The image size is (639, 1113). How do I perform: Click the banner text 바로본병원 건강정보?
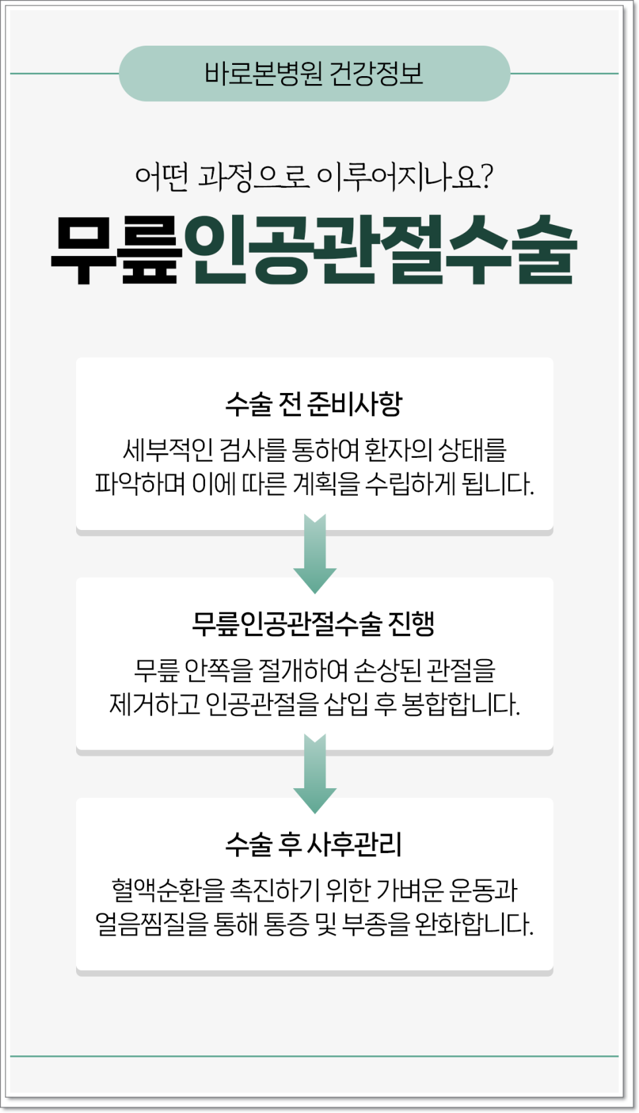pyautogui.click(x=314, y=73)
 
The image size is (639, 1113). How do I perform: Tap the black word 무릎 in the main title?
pyautogui.click(x=116, y=251)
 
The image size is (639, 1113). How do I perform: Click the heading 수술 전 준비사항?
pyautogui.click(x=314, y=404)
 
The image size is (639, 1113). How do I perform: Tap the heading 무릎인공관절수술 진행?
pyautogui.click(x=314, y=623)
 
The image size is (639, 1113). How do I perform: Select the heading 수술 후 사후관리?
pyautogui.click(x=314, y=844)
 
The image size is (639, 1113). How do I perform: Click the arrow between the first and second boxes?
pyautogui.click(x=315, y=555)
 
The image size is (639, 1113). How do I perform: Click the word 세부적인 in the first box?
pyautogui.click(x=168, y=451)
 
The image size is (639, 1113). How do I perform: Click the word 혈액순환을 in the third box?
pyautogui.click(x=168, y=890)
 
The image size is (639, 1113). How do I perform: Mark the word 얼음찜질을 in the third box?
pyautogui.click(x=152, y=924)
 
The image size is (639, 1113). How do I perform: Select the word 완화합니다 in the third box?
pyautogui.click(x=474, y=924)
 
